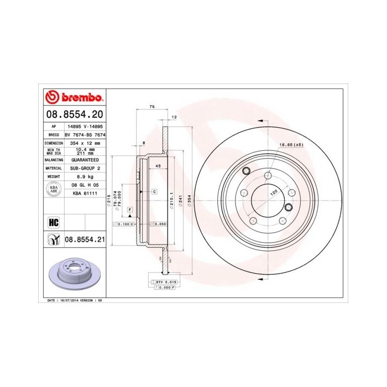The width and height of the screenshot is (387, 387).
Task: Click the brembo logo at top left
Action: pos(74,97)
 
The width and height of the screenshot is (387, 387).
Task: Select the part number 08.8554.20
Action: pos(74,115)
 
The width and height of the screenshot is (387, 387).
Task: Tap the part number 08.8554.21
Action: pos(84,239)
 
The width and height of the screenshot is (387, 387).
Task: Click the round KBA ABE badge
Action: pos(54,189)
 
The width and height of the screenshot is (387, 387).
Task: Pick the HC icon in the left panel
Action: pos(54,222)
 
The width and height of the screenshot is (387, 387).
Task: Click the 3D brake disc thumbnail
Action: pos(74,274)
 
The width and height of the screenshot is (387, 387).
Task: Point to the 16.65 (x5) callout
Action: pos(291,145)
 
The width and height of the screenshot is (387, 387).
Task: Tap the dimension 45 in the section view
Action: pos(158,166)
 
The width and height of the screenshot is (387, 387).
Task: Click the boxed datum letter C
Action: pos(154,191)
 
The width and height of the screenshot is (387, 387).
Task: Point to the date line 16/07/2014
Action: pos(74,300)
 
